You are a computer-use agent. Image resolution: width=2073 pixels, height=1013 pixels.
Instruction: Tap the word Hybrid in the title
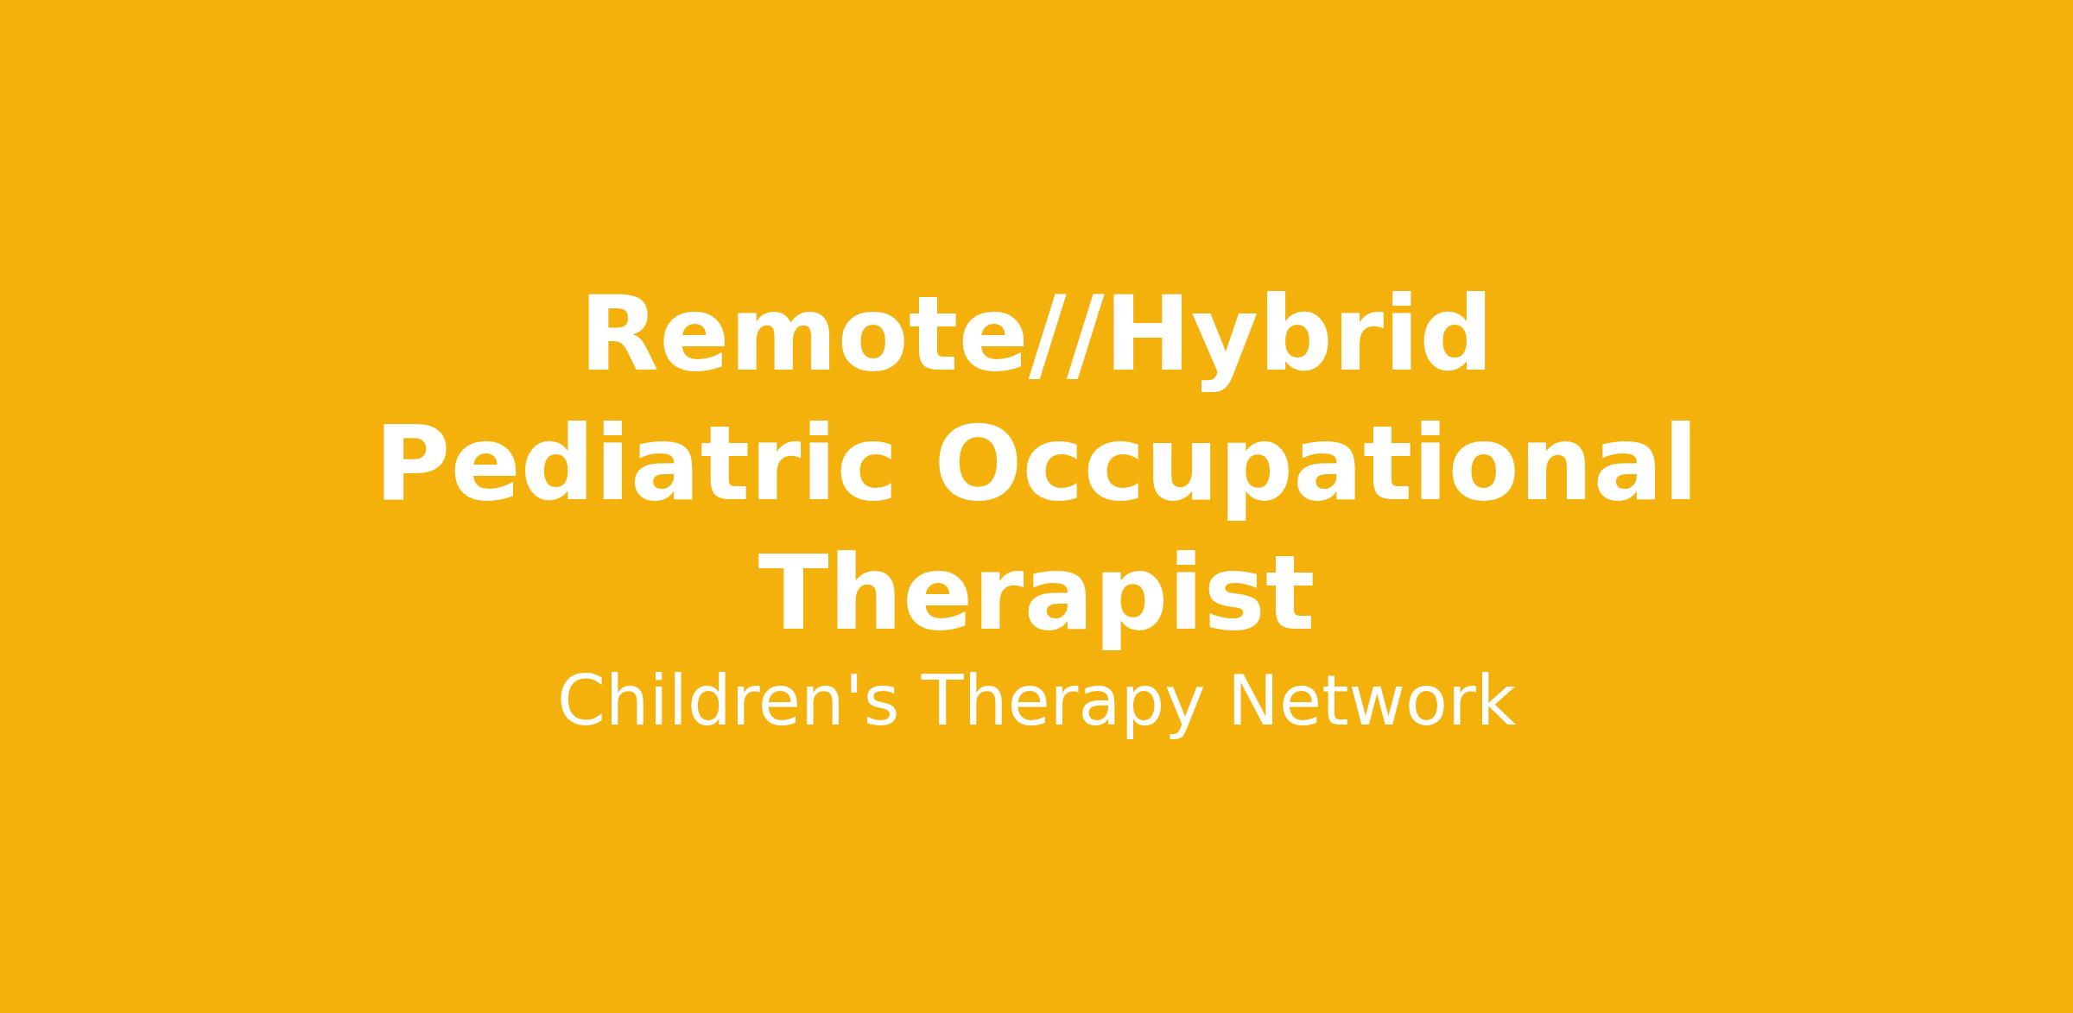click(1296, 340)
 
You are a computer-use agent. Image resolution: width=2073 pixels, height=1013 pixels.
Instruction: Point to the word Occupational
click(1314, 470)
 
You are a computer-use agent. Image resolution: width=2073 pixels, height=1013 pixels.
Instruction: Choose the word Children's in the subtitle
click(728, 701)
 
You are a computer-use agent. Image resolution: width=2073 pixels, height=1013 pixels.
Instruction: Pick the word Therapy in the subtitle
click(1062, 706)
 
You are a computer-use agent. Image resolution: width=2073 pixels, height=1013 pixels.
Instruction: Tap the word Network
click(1371, 701)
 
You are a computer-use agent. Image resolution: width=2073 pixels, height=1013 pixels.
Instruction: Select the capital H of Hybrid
click(1144, 335)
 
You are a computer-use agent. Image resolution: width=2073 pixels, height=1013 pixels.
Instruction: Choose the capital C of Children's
click(583, 701)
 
